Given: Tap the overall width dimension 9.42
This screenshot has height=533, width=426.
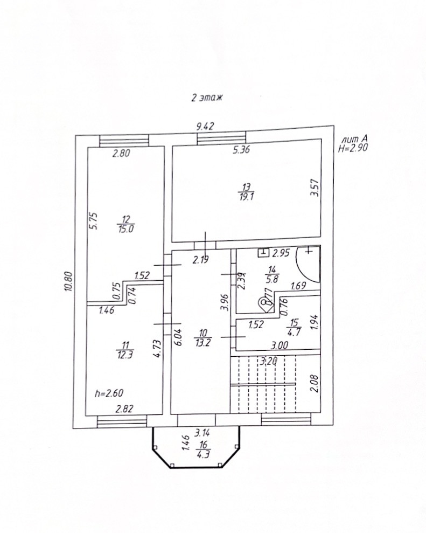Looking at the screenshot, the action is click(205, 127).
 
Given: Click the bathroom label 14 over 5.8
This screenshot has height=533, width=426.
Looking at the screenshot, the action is click(271, 275).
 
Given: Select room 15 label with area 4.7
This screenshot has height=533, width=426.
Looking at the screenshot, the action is click(294, 327).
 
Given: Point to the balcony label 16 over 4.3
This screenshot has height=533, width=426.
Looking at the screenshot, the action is click(203, 449).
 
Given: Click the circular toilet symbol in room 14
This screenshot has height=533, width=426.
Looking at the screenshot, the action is click(266, 303).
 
